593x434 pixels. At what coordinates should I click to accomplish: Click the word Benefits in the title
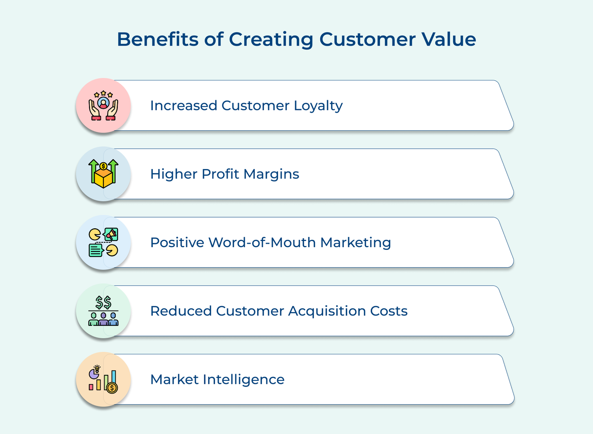point(158,39)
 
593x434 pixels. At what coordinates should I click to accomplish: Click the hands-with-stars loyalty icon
point(103,105)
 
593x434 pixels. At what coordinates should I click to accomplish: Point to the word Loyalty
point(318,106)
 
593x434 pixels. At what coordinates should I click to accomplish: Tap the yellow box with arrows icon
point(103,174)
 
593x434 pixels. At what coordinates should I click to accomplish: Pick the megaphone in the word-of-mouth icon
point(111,234)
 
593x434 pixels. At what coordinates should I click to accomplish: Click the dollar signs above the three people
point(103,302)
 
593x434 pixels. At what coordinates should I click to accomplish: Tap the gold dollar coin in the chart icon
point(112,388)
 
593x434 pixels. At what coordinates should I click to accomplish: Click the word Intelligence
point(244,380)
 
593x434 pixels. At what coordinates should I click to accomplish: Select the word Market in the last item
point(174,380)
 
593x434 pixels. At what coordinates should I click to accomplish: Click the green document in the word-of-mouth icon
point(96,250)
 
